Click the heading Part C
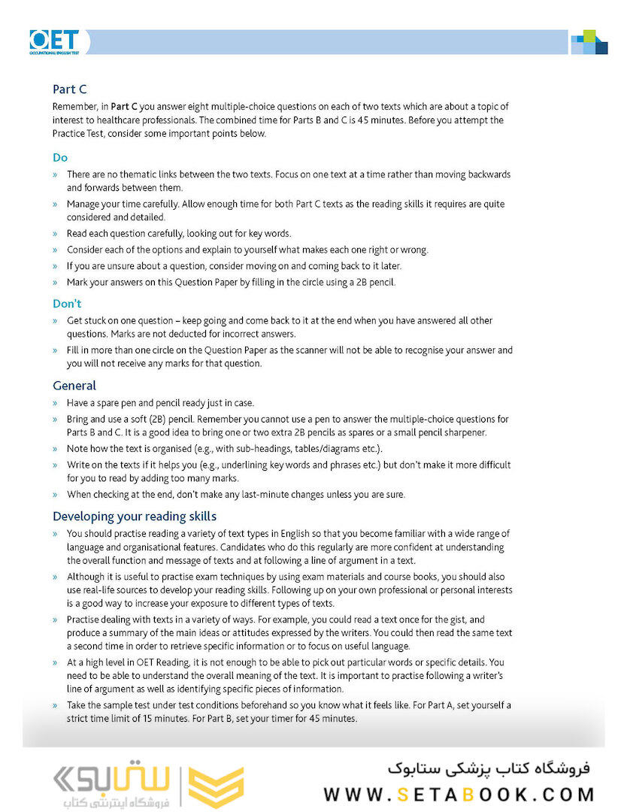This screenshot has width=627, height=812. (70, 89)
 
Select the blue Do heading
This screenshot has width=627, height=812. (60, 158)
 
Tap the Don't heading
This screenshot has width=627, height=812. (67, 304)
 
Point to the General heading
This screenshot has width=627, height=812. (74, 386)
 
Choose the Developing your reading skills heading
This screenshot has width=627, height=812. (135, 517)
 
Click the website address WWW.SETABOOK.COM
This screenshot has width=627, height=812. (459, 795)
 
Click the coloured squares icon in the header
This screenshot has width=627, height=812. (589, 42)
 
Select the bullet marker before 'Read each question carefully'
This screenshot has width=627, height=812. (55, 233)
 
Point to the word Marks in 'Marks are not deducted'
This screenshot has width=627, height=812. (125, 334)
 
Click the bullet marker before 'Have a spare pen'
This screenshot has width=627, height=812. (55, 403)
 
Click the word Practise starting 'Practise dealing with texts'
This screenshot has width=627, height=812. (83, 620)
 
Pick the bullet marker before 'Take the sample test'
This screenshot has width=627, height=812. (55, 705)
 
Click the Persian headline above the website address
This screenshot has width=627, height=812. (489, 768)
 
